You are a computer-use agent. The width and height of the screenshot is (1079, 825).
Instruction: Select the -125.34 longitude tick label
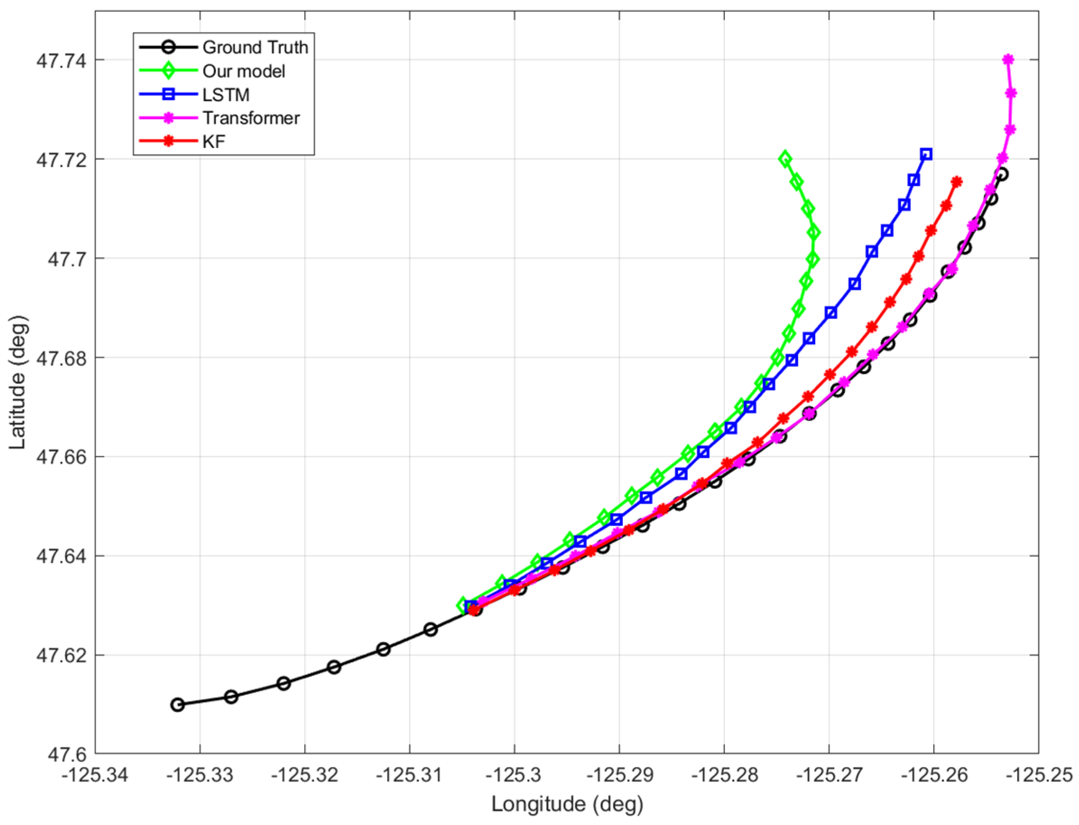[x=95, y=776]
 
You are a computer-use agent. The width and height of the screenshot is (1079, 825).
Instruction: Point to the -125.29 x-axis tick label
[x=619, y=776]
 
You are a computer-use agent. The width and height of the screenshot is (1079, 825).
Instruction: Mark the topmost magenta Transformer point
[x=1008, y=60]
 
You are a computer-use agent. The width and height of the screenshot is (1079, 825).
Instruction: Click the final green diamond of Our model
[x=785, y=159]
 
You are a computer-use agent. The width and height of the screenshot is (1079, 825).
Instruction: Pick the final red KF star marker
[x=956, y=182]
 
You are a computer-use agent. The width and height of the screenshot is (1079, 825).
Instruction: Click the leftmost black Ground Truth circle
[x=178, y=704]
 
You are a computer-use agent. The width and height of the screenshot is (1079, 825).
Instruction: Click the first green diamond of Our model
[x=462, y=606]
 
